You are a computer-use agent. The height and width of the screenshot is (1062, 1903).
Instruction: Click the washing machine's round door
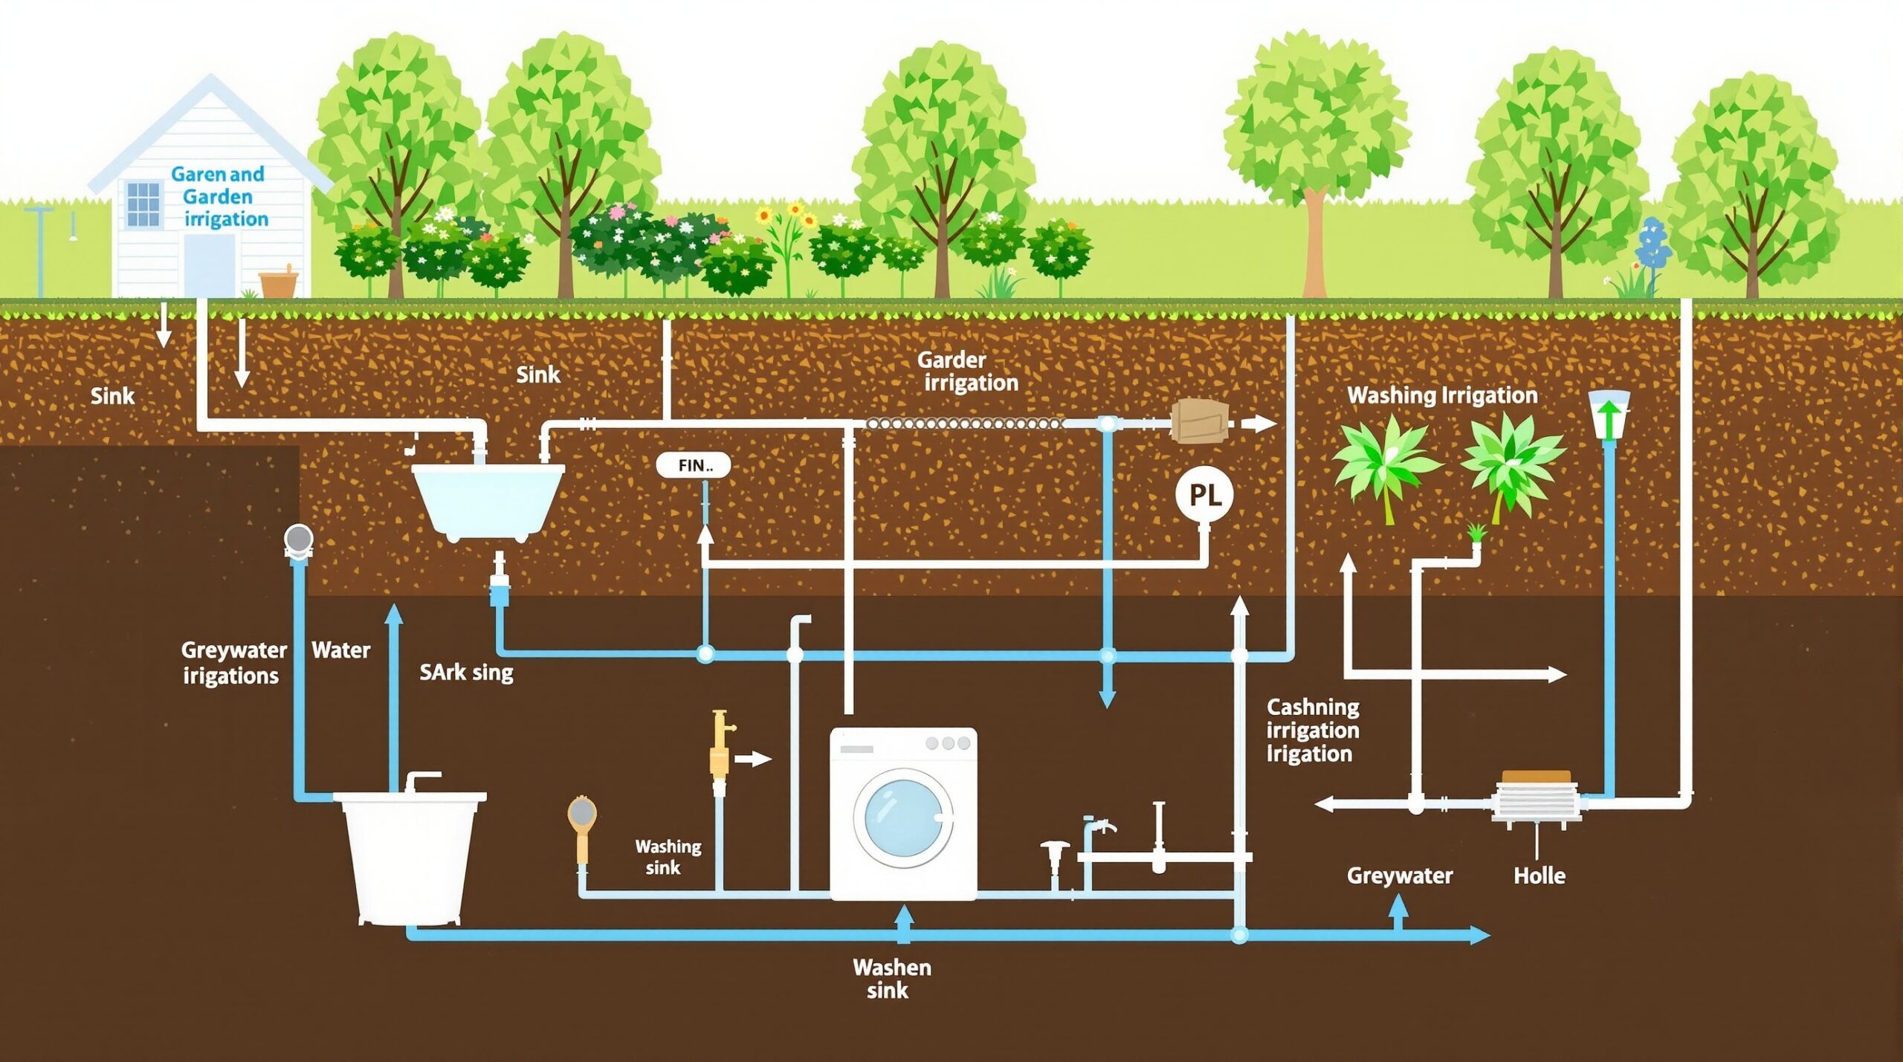(902, 818)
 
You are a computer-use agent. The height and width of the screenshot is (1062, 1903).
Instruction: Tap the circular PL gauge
(1204, 495)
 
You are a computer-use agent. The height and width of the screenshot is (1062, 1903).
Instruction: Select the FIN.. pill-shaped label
(694, 466)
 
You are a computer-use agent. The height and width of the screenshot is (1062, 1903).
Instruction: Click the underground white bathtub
(488, 498)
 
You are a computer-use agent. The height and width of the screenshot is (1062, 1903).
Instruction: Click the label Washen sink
(891, 978)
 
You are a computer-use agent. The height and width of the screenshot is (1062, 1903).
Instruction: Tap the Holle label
(1539, 875)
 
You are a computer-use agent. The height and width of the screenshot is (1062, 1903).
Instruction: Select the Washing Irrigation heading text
(1441, 395)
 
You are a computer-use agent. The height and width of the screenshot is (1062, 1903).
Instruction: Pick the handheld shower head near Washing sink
(581, 817)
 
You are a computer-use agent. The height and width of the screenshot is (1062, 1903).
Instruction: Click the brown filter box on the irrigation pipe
(1198, 421)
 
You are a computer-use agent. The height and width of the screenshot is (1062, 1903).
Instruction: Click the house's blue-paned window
(143, 204)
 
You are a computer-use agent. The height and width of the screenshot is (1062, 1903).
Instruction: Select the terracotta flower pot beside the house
(279, 284)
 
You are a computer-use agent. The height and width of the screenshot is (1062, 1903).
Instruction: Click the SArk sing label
(466, 673)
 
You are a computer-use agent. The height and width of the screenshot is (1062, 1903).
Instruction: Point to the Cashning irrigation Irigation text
(1312, 731)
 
